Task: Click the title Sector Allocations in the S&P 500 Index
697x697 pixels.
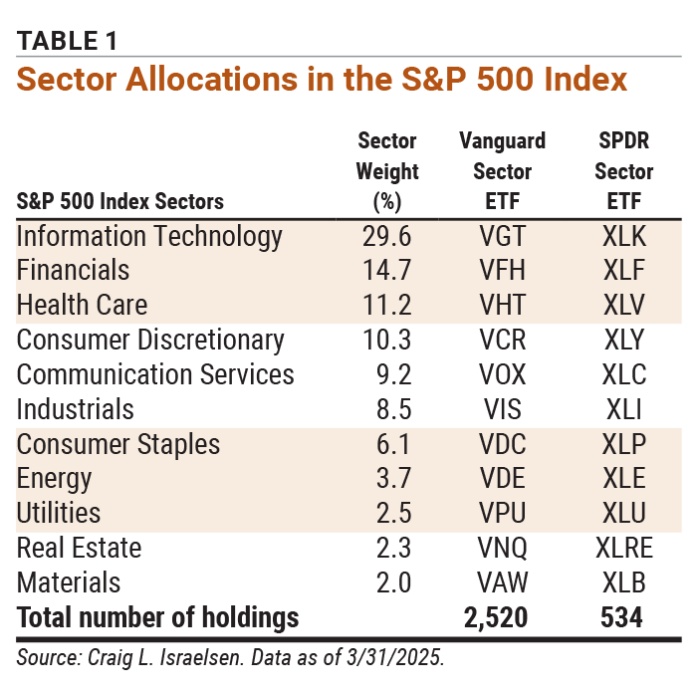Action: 322,79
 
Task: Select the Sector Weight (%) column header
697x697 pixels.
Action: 386,170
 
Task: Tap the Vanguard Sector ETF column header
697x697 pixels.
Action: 502,170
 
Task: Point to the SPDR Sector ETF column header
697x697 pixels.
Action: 624,170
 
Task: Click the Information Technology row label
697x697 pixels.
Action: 150,236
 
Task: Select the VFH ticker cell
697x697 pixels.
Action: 502,270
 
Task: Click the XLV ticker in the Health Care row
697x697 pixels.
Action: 624,305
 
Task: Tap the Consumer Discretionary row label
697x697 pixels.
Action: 150,340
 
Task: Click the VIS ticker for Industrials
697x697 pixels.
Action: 502,409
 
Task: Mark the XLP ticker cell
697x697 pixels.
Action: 624,444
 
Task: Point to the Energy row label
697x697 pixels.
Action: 55,479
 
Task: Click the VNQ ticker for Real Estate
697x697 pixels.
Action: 502,548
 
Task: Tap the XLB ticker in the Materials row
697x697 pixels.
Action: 624,582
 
